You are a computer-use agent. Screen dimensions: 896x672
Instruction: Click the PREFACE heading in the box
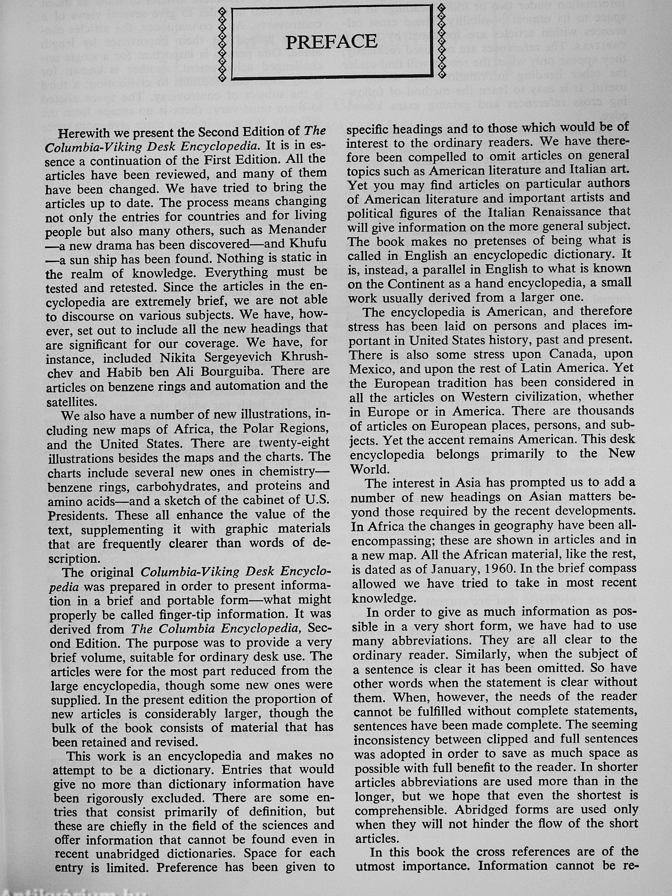331,41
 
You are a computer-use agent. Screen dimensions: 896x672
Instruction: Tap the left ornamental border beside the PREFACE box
222,43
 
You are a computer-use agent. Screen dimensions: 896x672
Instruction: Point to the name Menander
297,230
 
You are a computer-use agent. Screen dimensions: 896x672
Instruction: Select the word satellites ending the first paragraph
71,402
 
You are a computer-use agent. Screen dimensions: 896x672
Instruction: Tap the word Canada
572,354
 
